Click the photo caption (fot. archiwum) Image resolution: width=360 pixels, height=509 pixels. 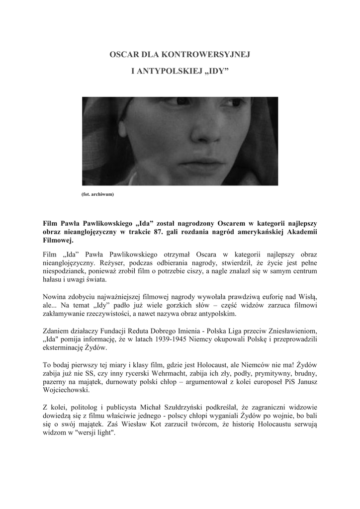[x=97, y=194]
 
